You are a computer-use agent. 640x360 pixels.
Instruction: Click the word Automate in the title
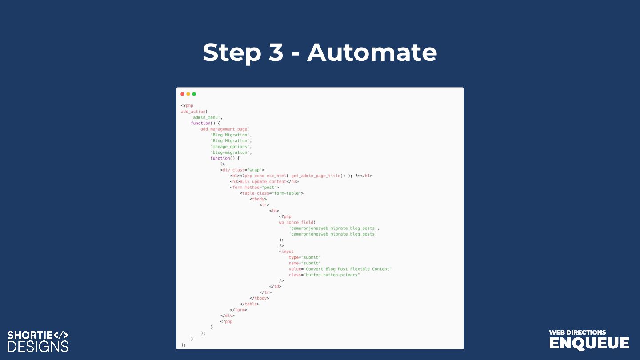click(x=372, y=52)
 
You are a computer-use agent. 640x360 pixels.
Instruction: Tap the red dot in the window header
click(x=182, y=94)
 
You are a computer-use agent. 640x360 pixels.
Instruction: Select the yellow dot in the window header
click(x=188, y=94)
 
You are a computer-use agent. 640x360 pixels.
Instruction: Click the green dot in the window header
click(x=194, y=94)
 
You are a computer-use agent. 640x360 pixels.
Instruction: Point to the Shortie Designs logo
click(x=38, y=341)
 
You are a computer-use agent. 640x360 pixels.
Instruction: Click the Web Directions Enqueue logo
click(x=589, y=340)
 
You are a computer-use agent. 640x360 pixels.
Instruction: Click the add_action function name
click(x=193, y=112)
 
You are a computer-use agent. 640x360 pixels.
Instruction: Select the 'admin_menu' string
click(x=206, y=117)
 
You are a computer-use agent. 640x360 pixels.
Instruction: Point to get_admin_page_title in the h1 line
click(x=316, y=176)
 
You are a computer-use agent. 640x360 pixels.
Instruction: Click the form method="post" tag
click(x=254, y=187)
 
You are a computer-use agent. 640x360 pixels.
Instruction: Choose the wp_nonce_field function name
click(x=296, y=222)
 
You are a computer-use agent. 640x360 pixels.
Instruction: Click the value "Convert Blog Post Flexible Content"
click(x=347, y=269)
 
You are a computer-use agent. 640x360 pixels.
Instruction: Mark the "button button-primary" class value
click(x=331, y=275)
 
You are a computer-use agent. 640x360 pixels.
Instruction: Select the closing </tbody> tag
click(x=259, y=298)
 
